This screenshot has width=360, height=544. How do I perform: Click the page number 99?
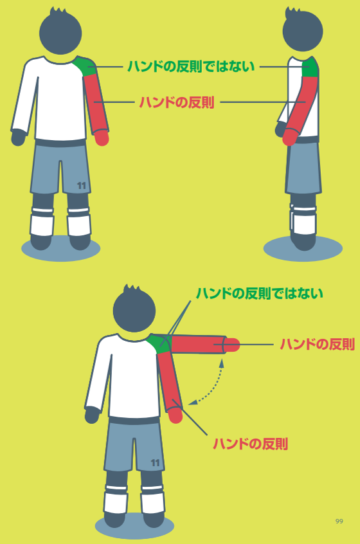(339, 521)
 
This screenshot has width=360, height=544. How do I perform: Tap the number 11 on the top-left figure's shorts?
(82, 186)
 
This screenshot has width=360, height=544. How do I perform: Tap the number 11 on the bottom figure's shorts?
(155, 463)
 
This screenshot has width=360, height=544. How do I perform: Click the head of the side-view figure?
(302, 30)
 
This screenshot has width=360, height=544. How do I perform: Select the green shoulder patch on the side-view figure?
(310, 67)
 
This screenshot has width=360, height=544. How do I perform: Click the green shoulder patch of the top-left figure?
(86, 66)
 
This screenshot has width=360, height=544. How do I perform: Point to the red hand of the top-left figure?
(102, 138)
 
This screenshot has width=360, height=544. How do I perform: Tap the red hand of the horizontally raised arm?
(233, 345)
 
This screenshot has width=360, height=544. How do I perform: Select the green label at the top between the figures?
(191, 66)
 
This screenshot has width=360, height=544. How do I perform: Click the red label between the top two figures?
(177, 102)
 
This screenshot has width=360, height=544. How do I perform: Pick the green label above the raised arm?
(260, 293)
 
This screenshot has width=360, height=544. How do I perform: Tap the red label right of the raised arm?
(318, 344)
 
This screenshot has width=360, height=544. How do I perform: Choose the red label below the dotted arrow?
(251, 444)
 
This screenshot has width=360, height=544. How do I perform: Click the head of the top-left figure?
(60, 32)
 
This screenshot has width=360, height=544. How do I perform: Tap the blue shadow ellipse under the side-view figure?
(303, 248)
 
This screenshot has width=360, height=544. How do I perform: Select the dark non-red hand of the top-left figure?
(18, 138)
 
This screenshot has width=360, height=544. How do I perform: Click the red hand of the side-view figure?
(289, 137)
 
